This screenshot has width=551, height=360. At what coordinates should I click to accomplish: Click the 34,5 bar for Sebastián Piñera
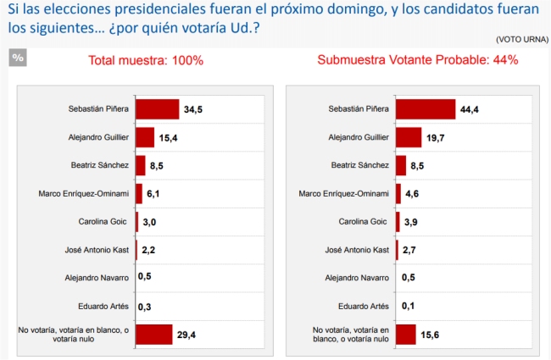(157, 109)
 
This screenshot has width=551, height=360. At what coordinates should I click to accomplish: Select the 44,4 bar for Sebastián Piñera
(414, 109)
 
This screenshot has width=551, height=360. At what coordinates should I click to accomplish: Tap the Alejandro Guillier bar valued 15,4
(144, 137)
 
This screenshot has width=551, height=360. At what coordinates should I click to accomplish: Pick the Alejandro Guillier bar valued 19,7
(408, 137)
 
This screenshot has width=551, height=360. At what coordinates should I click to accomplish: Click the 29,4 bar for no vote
(153, 335)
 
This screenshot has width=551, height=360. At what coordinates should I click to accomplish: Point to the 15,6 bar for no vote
(405, 335)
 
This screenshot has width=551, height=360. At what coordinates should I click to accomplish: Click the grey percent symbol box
(18, 58)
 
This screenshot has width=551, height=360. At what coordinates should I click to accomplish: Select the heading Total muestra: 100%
(146, 61)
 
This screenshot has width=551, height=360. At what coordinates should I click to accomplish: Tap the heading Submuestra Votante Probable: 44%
(418, 61)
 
